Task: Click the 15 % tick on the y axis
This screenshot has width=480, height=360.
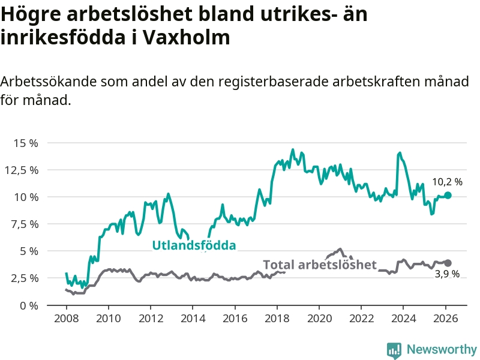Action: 26,143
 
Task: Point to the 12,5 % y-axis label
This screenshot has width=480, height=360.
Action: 22,170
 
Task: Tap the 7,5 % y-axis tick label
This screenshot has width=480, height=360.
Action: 25,224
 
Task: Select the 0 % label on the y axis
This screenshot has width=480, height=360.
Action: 29,305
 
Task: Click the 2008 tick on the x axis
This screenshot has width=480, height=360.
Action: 66,318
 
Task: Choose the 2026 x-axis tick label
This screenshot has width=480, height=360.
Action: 446,318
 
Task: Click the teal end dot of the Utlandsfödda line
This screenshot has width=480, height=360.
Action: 448,195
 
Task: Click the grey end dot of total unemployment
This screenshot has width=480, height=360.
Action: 448,263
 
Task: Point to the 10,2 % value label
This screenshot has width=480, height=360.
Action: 447,181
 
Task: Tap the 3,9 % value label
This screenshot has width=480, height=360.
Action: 447,274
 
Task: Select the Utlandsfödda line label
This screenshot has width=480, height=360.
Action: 194,245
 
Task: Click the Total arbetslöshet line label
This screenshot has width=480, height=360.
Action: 320,265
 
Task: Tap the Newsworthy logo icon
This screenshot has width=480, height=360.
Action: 394,349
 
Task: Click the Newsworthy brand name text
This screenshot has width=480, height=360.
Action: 442,349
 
